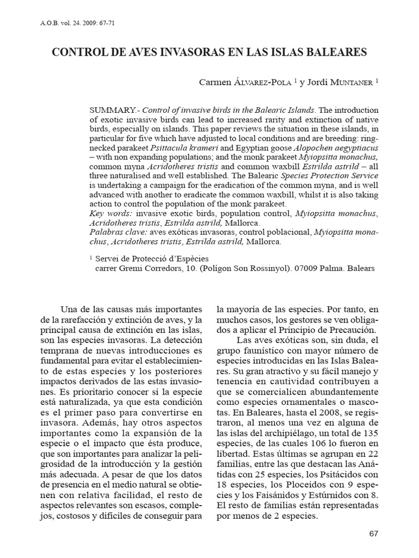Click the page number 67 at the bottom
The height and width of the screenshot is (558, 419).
373,533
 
